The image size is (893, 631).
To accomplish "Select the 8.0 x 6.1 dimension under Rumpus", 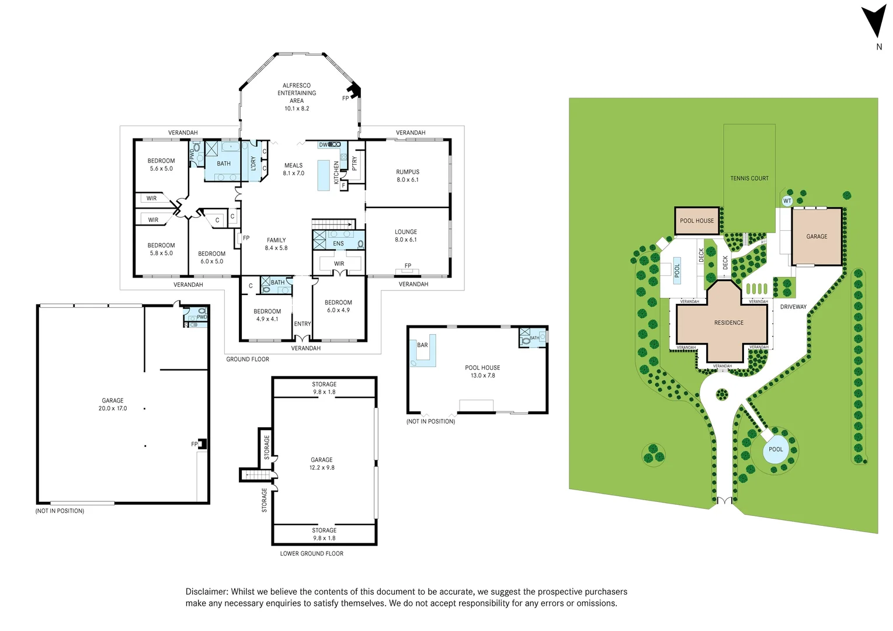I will pos(408,180).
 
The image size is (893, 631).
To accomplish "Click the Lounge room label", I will pos(406,232).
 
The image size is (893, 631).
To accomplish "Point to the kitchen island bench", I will pos(324,175).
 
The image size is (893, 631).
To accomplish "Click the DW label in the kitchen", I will pos(323,145).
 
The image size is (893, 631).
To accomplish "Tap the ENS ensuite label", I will pos(338,244).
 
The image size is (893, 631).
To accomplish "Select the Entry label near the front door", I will pos(303,324).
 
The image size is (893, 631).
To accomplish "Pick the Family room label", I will pos(276,240).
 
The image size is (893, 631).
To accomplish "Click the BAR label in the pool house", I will pos(422,345).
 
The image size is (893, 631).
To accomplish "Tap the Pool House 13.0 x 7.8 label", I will pos(482,372).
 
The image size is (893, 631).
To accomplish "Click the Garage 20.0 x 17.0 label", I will pos(113,404).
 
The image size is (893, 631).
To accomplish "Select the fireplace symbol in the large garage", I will pos(202,444).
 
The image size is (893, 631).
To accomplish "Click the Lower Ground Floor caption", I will pos(311,553).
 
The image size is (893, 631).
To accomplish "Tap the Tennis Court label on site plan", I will pos(749,178).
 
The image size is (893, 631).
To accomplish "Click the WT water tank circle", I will pos(787,201).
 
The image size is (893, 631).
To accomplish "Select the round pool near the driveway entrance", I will pos(776,450).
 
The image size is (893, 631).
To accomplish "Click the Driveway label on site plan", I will pos(793,307).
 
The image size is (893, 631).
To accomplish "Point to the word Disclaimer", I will pos(207,592).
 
